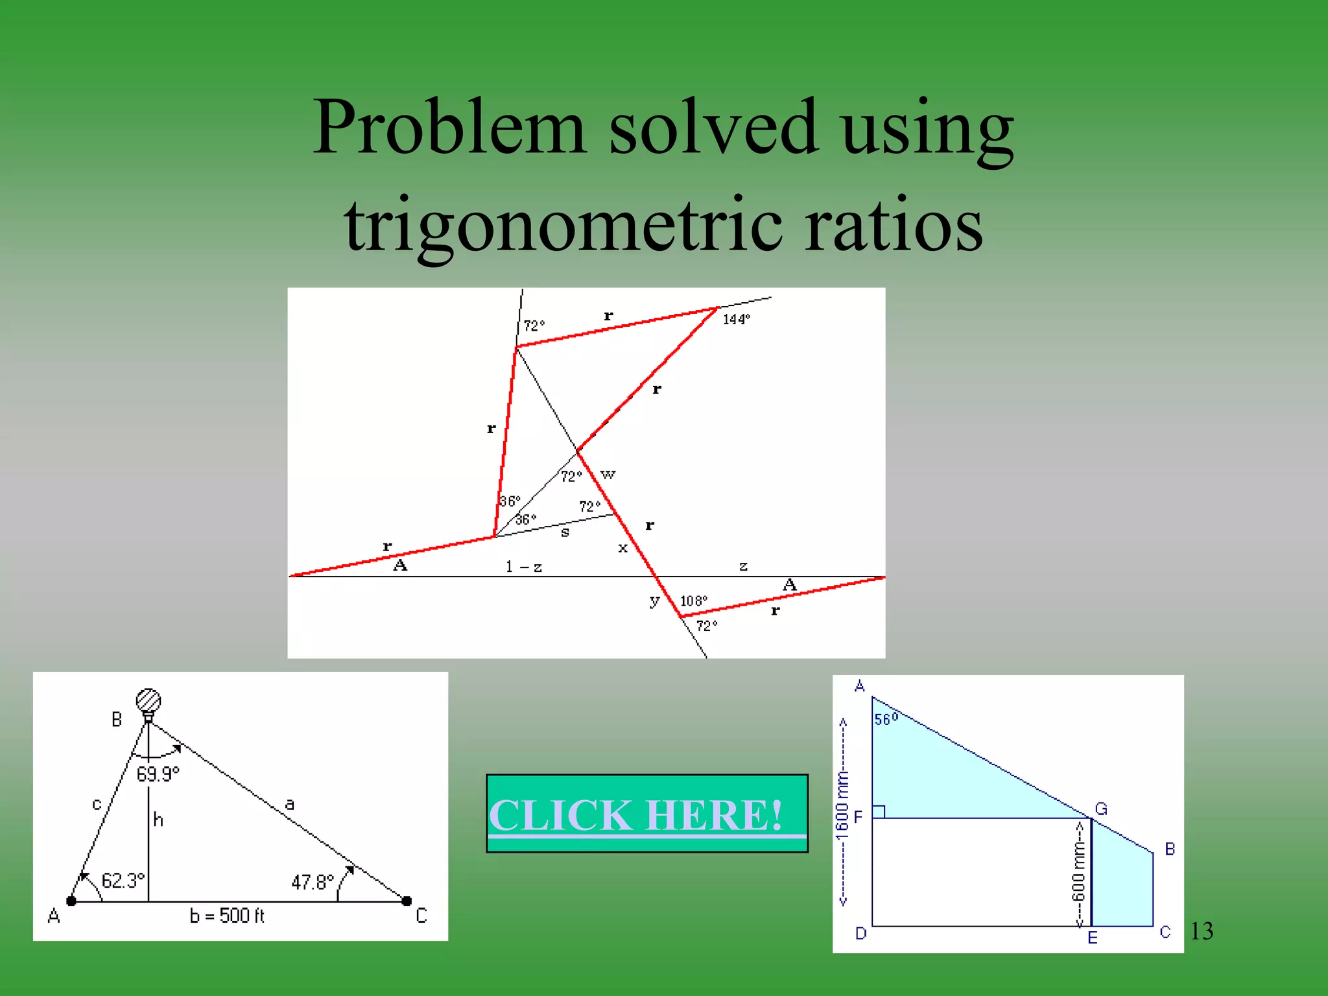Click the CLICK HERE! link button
pos(646,814)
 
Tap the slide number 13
pos(1202,931)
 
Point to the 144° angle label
pos(736,319)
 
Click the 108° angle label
pos(693,601)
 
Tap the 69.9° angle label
pos(158,774)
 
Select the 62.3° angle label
pos(123,881)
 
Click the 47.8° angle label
pos(313,882)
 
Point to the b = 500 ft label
pos(227,916)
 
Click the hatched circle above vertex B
pos(148,700)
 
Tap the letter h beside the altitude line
pos(158,820)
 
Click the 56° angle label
pos(886,718)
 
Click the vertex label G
pos(1101,809)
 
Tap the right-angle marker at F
pos(879,812)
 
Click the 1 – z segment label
pos(524,567)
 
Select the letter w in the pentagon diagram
pos(608,475)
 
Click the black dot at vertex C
pos(407,901)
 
